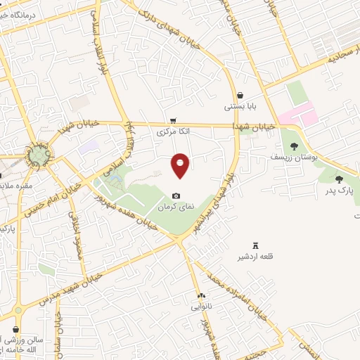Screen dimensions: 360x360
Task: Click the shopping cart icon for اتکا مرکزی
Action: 173,120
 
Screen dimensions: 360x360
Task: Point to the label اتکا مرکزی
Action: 173,131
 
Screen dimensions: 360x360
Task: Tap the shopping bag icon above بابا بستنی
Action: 240,96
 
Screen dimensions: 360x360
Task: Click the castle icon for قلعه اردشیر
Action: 255,245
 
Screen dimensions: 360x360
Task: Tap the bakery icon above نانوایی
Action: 201,296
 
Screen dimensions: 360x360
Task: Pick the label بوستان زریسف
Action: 294,157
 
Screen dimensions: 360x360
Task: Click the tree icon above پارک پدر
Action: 340,179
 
